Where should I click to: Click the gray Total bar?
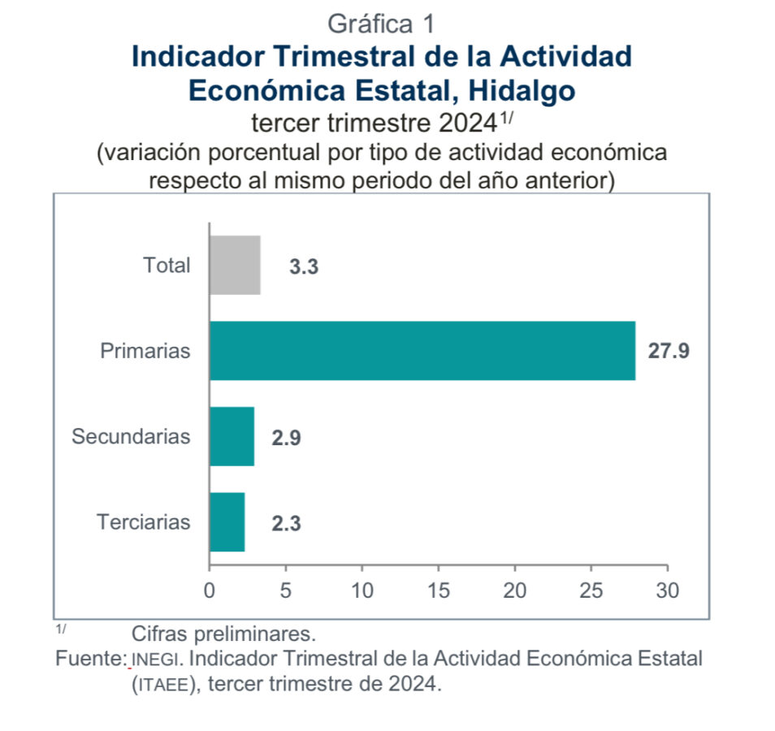[x=235, y=265]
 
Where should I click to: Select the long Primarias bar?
[x=422, y=351]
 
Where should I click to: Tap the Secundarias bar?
[x=232, y=436]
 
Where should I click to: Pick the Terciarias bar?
[x=227, y=522]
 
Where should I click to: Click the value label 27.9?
[x=669, y=352]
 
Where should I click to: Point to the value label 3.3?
[x=304, y=266]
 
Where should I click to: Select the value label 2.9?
[x=286, y=438]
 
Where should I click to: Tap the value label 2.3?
[x=286, y=524]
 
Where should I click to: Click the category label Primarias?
[x=145, y=351]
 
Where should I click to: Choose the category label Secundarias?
[x=131, y=436]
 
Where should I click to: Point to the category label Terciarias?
[x=144, y=521]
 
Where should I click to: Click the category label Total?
[x=167, y=265]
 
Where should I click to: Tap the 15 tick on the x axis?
[x=439, y=590]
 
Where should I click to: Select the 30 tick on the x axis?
[x=668, y=590]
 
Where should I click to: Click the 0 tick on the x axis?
[x=210, y=590]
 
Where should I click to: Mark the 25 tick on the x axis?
[x=591, y=590]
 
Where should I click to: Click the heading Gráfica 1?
[x=381, y=24]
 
